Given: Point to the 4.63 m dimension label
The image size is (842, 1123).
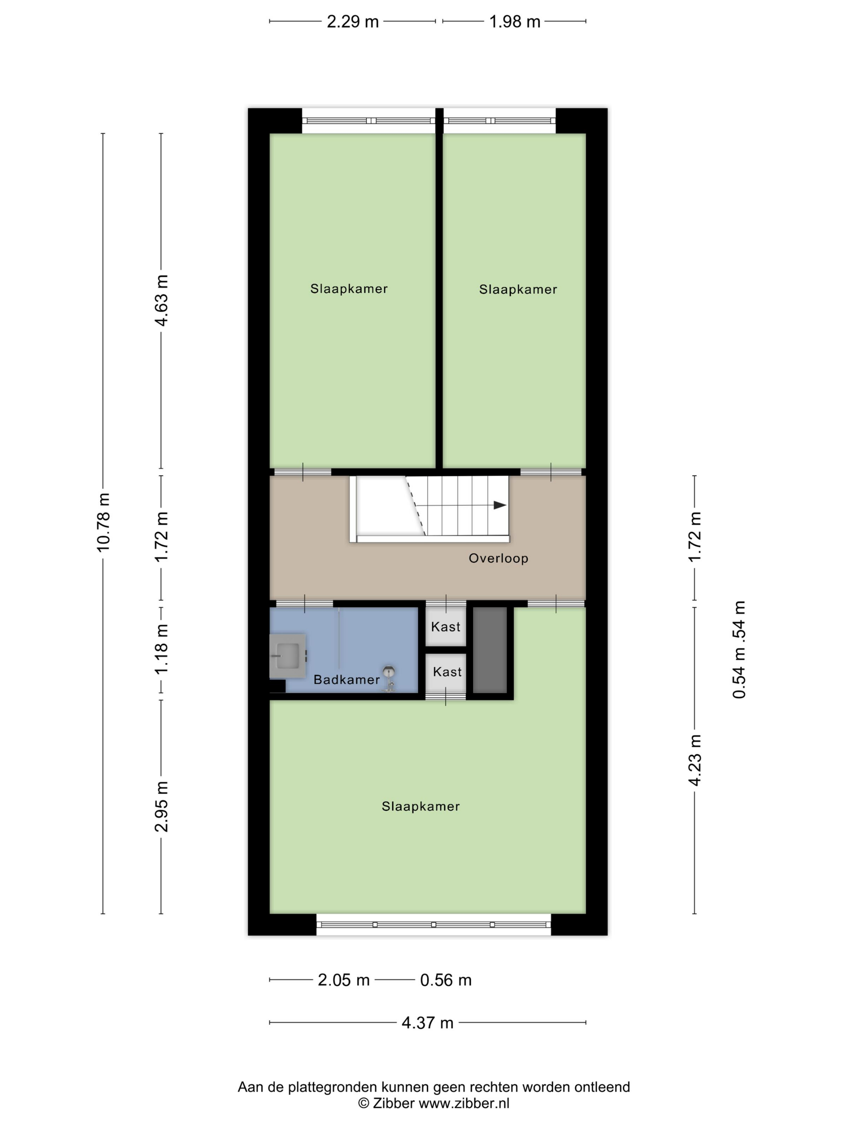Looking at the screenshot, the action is [162, 300].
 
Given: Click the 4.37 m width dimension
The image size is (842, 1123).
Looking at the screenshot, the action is [427, 1022].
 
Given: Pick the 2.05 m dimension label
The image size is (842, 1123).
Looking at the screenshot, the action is [344, 980].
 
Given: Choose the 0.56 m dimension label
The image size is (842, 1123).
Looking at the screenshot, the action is [445, 980].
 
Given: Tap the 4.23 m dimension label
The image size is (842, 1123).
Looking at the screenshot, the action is [694, 760].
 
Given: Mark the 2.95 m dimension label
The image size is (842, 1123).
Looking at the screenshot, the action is [162, 807].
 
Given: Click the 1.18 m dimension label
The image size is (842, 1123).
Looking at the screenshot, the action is [162, 649].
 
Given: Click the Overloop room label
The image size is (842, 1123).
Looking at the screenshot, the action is [498, 558].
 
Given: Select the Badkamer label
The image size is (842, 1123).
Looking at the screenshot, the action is [347, 680].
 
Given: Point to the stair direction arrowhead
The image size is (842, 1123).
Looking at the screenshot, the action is [500, 505].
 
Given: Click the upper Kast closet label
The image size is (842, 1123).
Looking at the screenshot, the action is [445, 626].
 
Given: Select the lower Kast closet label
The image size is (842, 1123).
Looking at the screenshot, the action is [447, 672].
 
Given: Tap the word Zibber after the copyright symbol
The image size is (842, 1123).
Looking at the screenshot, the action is [394, 1103].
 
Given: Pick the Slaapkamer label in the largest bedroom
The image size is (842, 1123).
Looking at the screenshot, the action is [421, 806].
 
